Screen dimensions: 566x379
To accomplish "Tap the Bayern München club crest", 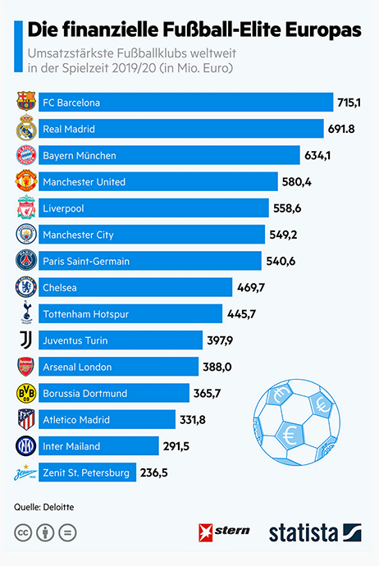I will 27,156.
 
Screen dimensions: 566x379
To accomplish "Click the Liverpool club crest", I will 27,208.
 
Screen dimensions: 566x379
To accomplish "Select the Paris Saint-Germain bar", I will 148,262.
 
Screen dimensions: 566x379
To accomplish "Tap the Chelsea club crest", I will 27,288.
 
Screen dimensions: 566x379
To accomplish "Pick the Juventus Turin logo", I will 27,340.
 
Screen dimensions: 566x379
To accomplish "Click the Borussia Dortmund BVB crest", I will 27,394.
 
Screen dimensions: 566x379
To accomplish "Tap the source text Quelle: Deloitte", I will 44,507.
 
